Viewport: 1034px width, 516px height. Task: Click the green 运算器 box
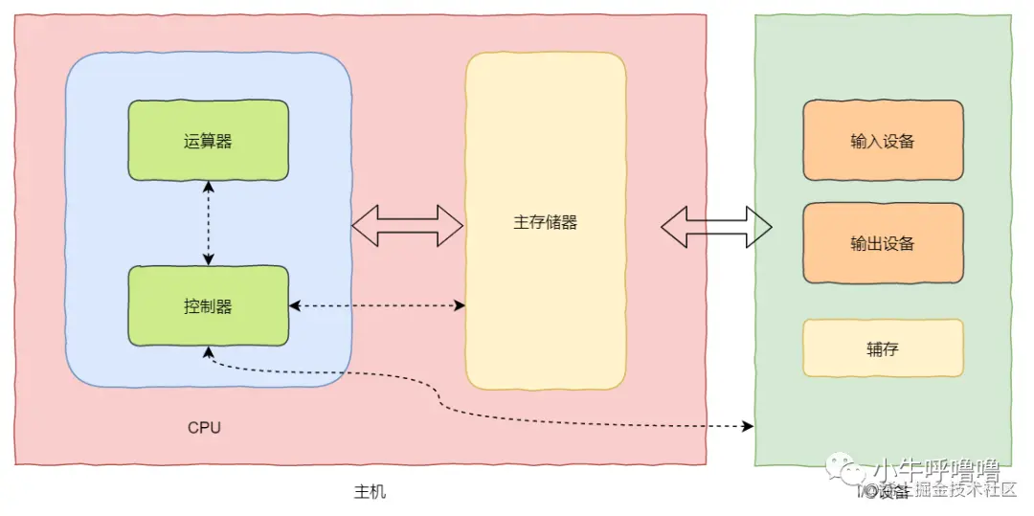click(x=209, y=141)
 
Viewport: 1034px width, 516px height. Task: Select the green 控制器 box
click(x=209, y=305)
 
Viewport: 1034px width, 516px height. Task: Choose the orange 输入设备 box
click(x=883, y=140)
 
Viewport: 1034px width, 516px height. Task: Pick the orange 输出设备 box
click(x=883, y=242)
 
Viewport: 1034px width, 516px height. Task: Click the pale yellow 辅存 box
click(x=883, y=348)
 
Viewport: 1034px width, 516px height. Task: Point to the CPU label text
click(x=204, y=427)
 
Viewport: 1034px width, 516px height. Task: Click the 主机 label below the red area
click(x=370, y=491)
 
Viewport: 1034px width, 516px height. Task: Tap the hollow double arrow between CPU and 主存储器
click(x=408, y=225)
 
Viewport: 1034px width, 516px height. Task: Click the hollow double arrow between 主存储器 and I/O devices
click(x=716, y=226)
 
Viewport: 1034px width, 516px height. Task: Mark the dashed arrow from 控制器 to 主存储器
click(x=377, y=305)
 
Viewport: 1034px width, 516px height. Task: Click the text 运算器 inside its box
click(x=209, y=142)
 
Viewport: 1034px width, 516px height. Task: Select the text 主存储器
click(x=545, y=222)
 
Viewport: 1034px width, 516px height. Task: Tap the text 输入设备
click(x=883, y=141)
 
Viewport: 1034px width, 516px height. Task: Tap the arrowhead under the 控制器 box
click(x=209, y=351)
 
